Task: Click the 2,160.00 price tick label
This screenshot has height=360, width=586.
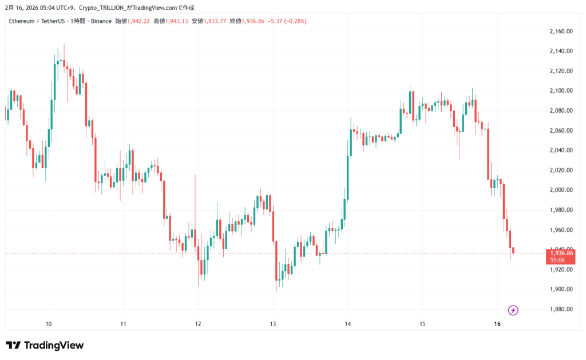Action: click(561, 31)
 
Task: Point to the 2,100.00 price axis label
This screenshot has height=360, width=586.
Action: click(561, 90)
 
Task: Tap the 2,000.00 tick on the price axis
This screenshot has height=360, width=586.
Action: click(561, 190)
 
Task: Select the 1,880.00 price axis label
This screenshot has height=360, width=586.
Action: click(561, 309)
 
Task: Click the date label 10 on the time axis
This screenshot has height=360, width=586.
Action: click(49, 324)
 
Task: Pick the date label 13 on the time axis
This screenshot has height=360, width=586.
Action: click(273, 324)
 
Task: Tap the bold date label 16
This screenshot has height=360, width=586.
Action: click(497, 324)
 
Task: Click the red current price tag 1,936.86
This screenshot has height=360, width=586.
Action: click(561, 252)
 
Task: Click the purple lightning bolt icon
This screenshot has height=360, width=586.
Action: click(513, 310)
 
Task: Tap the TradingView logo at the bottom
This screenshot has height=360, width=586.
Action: click(45, 345)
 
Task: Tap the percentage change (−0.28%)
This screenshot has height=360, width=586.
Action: click(294, 21)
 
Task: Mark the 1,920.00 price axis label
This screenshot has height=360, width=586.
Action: click(561, 270)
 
